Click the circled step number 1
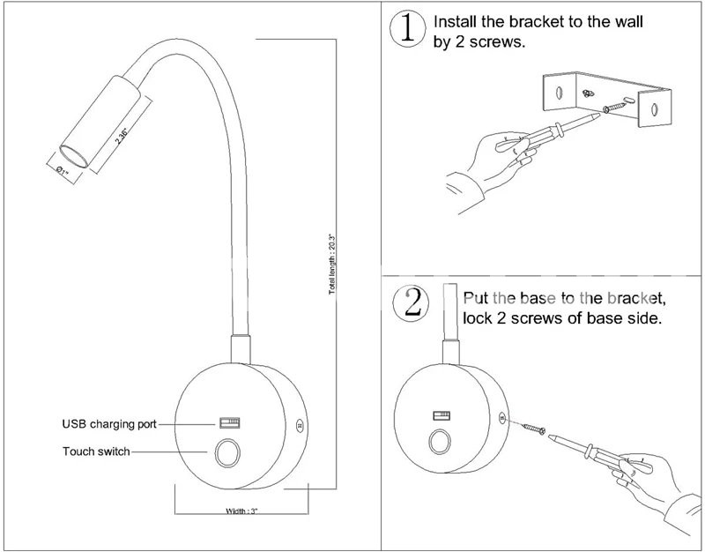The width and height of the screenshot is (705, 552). coord(406,29)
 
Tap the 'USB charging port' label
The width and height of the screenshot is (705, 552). coord(109,424)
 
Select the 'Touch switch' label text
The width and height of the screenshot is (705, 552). coord(96,451)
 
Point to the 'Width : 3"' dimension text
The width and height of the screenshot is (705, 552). coord(241,511)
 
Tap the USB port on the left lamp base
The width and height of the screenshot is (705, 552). coord(231,422)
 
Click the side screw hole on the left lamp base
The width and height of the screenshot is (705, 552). coord(300,424)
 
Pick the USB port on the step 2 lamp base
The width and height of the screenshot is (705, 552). coord(440,415)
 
